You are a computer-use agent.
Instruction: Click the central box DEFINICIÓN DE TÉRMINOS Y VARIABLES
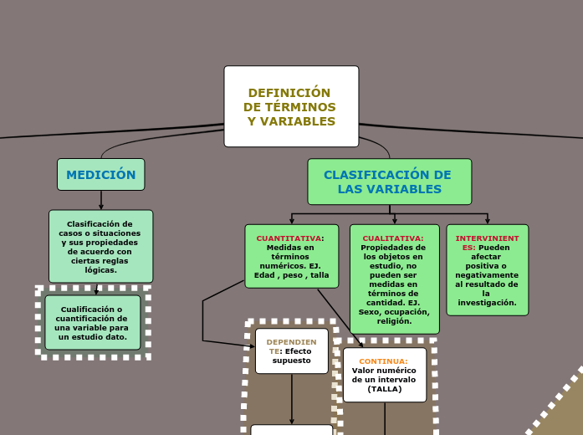pyautogui.click(x=291, y=106)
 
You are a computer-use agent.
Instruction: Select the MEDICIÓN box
pyautogui.click(x=100, y=175)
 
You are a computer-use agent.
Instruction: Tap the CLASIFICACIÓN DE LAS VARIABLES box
pyautogui.click(x=389, y=182)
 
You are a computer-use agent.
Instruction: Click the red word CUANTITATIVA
pyautogui.click(x=289, y=238)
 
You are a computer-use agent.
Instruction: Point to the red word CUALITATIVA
pyautogui.click(x=392, y=238)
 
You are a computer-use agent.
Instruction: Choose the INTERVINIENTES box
pyautogui.click(x=487, y=269)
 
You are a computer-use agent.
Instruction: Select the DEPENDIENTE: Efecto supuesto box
pyautogui.click(x=291, y=351)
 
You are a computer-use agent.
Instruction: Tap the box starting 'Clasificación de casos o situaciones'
pyautogui.click(x=100, y=246)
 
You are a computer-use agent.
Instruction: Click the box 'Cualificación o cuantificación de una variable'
pyautogui.click(x=92, y=322)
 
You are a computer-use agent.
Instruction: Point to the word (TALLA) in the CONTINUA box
pyautogui.click(x=385, y=389)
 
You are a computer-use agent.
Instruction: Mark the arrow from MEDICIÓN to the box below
pyautogui.click(x=101, y=201)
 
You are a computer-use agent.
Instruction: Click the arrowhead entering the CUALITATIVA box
pyautogui.click(x=394, y=221)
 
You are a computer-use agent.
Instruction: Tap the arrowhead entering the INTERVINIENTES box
pyautogui.click(x=487, y=221)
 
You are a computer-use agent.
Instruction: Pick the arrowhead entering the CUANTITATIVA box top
pyautogui.click(x=291, y=221)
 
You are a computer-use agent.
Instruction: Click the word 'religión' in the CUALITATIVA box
pyautogui.click(x=394, y=321)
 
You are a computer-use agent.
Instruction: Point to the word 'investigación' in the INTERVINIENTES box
pyautogui.click(x=487, y=303)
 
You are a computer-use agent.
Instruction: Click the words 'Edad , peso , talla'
pyautogui.click(x=292, y=275)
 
